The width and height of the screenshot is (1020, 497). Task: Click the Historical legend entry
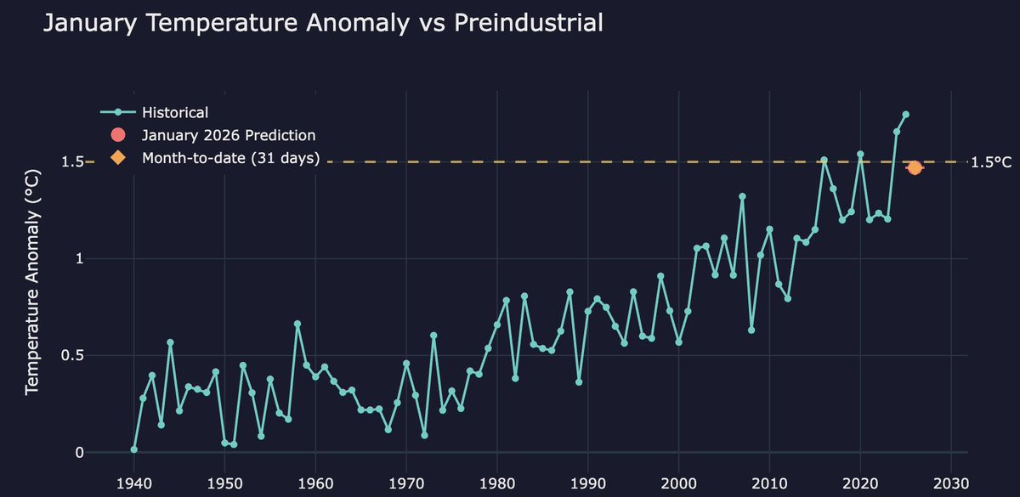coord(174,112)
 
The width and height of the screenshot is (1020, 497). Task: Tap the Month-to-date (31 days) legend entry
coord(229,158)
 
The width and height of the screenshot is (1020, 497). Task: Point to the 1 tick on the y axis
coord(80,258)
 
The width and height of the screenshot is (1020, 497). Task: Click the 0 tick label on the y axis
coord(80,452)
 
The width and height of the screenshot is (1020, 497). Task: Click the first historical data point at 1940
coord(134,449)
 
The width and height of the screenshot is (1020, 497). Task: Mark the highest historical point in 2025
coord(906,114)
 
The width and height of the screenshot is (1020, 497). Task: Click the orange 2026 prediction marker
coord(915,168)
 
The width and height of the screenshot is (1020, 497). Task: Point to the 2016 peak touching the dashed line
coord(824,160)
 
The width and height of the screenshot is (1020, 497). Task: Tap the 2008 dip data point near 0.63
coord(751,330)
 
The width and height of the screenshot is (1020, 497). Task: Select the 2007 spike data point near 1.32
coord(742,196)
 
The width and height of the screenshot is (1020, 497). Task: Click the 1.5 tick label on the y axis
coord(74,161)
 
